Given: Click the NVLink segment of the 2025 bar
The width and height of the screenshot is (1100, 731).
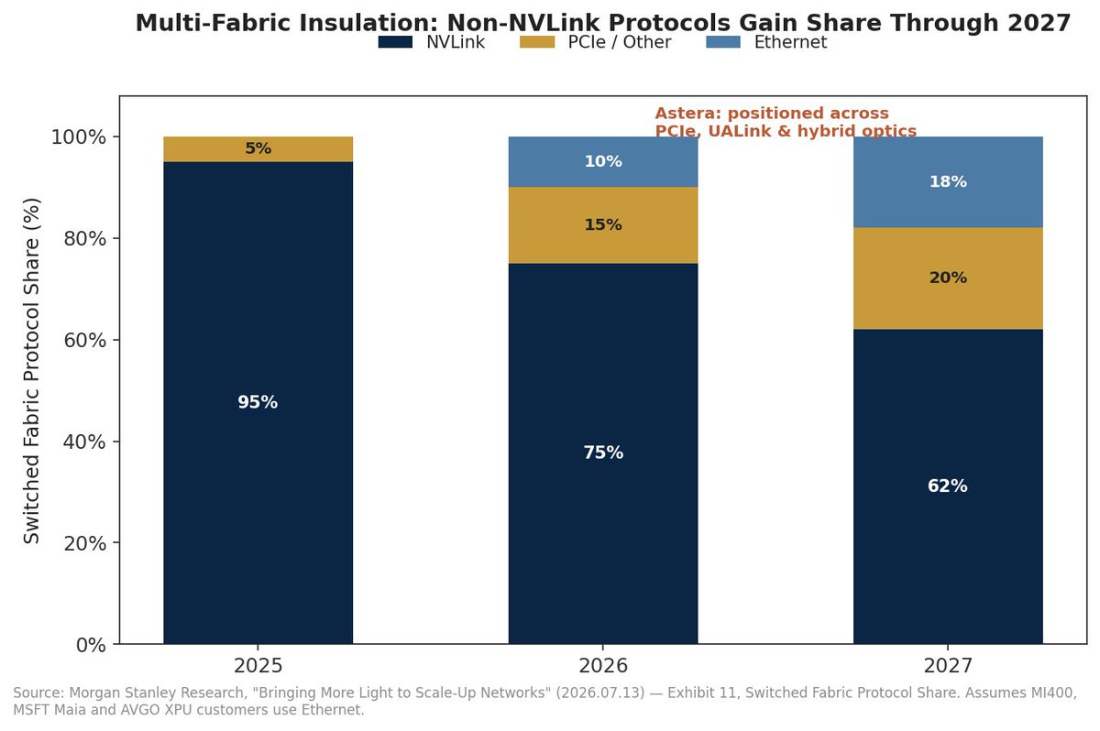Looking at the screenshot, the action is click(x=258, y=403).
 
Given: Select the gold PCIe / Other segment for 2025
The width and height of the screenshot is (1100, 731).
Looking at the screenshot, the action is click(x=258, y=149).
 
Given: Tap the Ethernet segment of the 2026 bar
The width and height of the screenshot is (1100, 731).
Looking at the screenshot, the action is click(x=603, y=162).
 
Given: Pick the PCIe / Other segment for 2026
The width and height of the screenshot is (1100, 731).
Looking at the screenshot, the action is click(x=603, y=225).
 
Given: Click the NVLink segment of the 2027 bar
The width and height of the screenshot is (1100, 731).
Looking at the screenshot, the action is click(x=948, y=486).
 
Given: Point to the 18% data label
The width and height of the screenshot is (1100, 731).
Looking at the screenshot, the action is click(x=948, y=182).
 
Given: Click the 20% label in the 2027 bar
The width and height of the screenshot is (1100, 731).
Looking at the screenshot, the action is click(x=948, y=278).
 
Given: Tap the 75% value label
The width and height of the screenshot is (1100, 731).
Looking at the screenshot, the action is click(x=603, y=453).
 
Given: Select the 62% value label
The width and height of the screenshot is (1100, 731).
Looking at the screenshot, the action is click(x=948, y=486).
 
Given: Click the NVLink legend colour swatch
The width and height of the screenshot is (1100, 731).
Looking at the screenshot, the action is click(x=395, y=42).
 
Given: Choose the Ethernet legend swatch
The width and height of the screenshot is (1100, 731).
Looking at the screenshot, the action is click(x=723, y=42).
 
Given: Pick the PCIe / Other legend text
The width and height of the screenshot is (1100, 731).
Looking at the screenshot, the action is click(x=620, y=42).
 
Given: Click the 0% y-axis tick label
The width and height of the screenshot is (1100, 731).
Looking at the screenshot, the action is click(x=91, y=645).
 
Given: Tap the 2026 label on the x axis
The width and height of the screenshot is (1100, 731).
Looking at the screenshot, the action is click(x=603, y=666).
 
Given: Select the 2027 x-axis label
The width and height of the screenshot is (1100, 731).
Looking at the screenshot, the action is click(x=948, y=666).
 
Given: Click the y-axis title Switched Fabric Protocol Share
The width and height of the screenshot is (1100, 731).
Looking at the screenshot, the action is click(x=31, y=370).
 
